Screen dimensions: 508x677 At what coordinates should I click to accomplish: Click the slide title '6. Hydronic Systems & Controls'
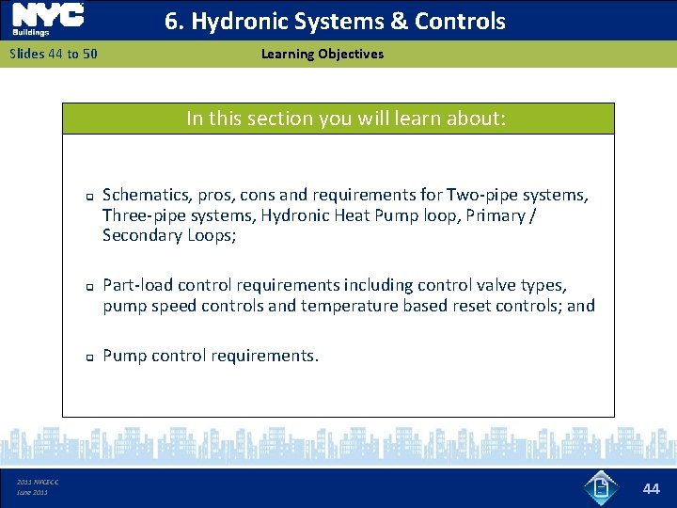click(335, 22)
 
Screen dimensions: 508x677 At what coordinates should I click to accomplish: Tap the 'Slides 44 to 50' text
click(54, 54)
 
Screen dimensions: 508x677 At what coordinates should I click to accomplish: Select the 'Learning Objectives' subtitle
click(323, 54)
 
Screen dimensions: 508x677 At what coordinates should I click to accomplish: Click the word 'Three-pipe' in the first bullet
click(140, 215)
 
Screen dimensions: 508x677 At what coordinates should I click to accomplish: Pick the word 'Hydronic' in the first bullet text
click(292, 215)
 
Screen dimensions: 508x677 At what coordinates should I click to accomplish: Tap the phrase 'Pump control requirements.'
click(211, 356)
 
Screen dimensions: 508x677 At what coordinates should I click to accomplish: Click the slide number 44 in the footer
click(652, 488)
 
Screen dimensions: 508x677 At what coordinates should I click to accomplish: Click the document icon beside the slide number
click(600, 488)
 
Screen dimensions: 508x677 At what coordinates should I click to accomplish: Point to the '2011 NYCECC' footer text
click(38, 483)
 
